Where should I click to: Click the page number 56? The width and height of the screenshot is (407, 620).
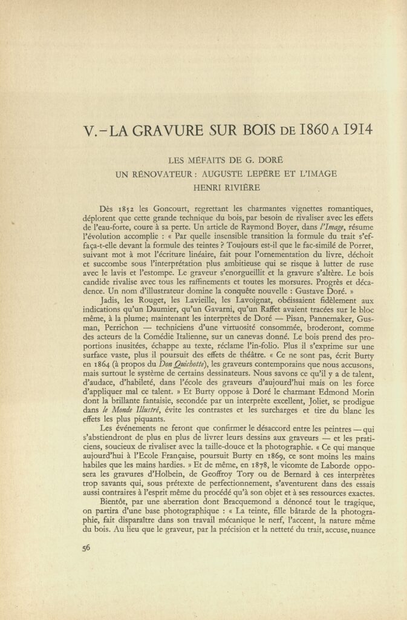pos(86,549)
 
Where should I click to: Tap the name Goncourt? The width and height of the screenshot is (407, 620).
pos(169,209)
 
